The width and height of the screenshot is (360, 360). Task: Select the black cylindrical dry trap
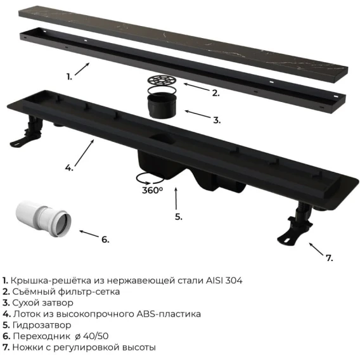click(x=162, y=105)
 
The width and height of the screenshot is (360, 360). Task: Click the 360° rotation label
click(x=152, y=190)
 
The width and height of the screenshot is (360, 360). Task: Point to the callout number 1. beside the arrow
click(x=69, y=77)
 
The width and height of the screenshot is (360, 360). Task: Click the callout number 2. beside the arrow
click(x=215, y=93)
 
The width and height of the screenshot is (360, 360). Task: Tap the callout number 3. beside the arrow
click(x=217, y=120)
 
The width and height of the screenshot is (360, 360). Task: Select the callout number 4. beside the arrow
click(x=69, y=168)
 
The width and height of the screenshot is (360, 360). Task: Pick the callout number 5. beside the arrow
click(x=179, y=217)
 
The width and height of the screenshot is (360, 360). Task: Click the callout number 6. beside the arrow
click(x=105, y=240)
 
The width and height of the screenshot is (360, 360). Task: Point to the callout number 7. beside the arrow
click(x=330, y=259)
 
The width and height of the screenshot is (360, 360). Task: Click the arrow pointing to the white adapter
click(x=89, y=234)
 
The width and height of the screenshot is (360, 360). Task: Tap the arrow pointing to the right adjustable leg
click(x=316, y=248)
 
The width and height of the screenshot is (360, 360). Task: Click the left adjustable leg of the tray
click(x=27, y=134)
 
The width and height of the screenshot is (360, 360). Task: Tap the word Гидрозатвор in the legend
click(x=42, y=325)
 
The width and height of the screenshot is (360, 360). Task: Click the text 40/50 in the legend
click(x=96, y=336)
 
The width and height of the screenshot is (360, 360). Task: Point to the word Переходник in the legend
click(x=42, y=337)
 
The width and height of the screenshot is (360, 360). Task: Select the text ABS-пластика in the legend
click(x=169, y=314)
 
